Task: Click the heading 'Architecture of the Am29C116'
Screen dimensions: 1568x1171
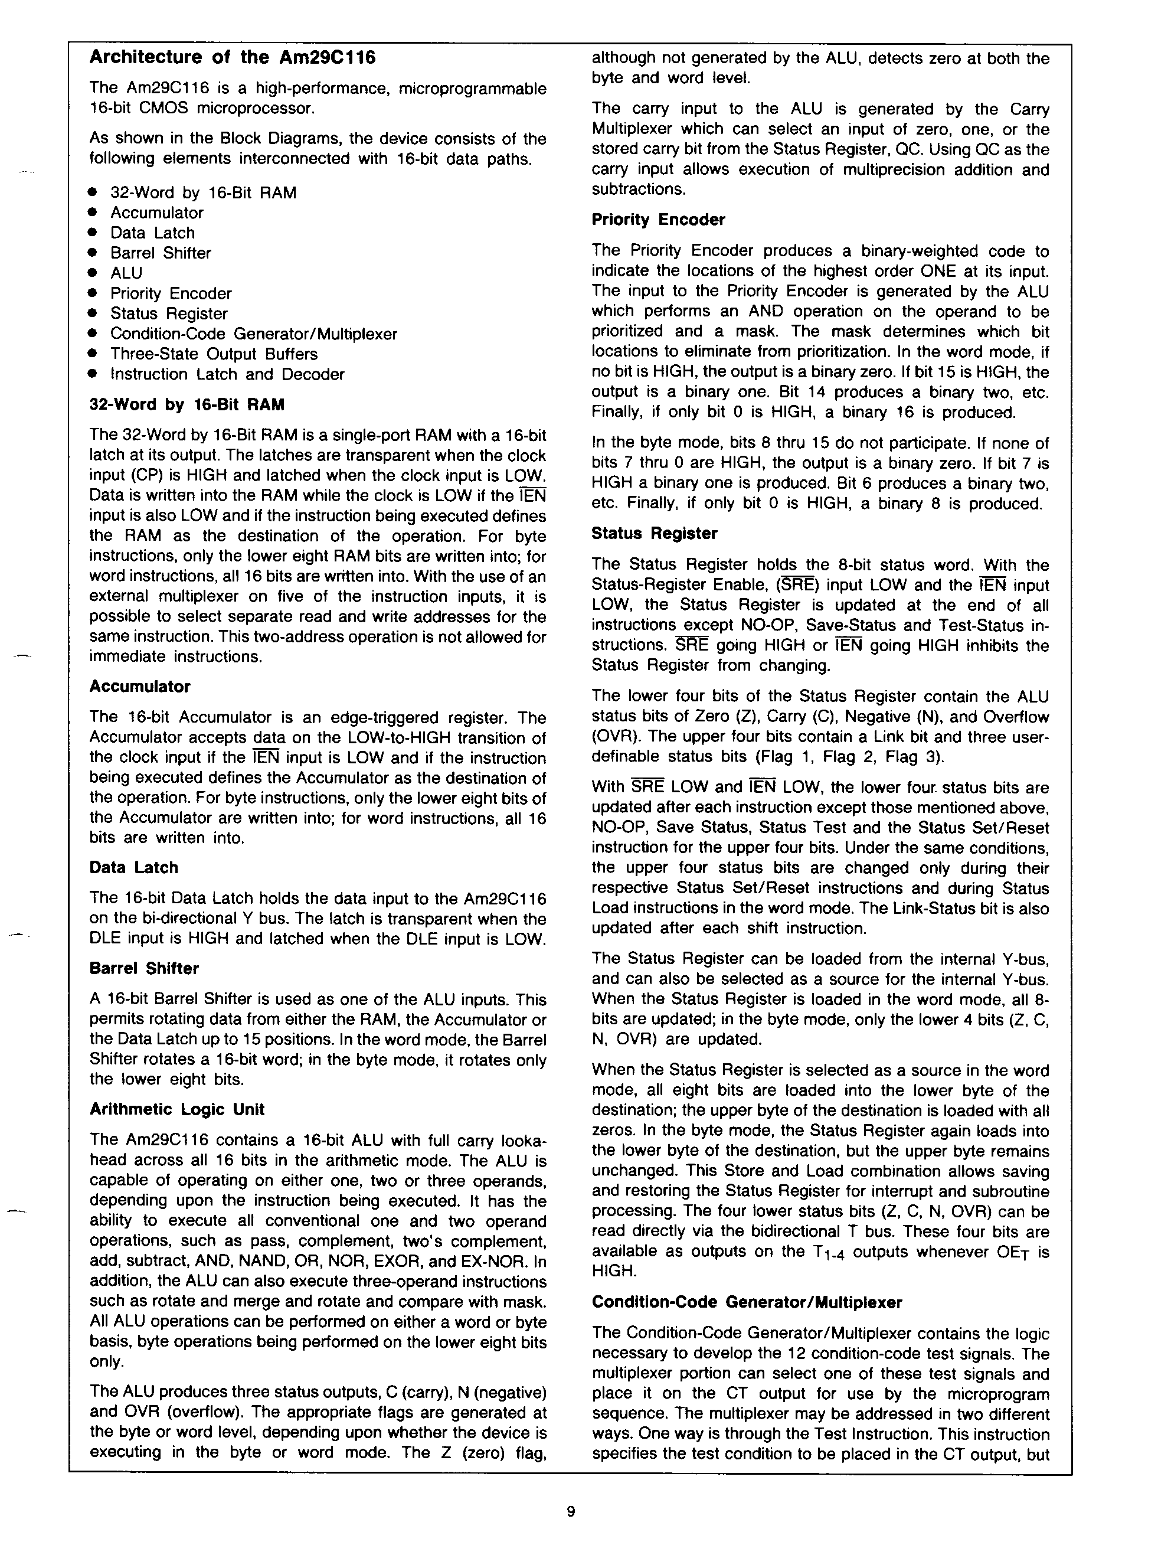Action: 233,57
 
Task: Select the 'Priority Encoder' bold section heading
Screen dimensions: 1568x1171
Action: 658,220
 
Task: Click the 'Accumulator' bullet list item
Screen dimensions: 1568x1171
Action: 156,213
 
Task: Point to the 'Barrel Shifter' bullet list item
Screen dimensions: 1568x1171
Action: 160,253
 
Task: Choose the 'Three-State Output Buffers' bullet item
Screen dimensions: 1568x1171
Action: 213,354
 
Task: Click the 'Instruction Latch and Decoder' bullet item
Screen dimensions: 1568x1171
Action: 227,374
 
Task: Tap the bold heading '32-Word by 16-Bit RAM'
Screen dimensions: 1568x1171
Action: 187,405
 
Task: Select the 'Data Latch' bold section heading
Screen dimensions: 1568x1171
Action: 134,868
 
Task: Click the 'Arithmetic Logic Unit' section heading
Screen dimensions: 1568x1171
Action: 177,1109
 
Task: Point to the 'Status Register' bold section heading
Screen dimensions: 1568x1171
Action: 654,533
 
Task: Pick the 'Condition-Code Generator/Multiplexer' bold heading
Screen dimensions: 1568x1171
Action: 747,1302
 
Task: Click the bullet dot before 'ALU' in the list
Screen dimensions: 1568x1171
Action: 92,273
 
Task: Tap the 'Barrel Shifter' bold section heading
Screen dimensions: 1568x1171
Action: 145,968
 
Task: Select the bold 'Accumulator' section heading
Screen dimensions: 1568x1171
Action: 140,686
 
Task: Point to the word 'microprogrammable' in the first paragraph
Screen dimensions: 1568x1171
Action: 473,89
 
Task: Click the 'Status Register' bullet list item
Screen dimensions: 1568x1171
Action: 169,313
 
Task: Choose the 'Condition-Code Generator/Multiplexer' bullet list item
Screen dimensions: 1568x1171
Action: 253,334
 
